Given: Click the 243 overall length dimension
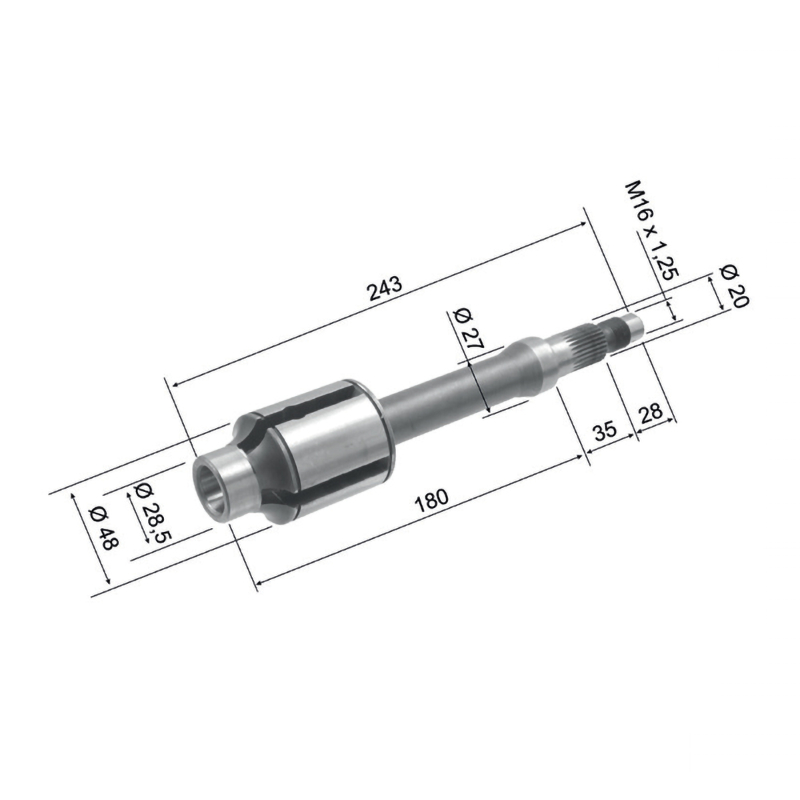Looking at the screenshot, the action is (385, 289).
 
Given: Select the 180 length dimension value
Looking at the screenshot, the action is (432, 501).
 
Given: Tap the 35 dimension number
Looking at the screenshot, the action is (606, 431).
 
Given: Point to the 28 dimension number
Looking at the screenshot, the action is (651, 413).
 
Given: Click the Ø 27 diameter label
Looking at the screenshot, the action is (467, 328).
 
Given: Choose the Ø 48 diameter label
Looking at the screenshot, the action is (104, 528).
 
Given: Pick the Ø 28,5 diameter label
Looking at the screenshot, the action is (152, 512).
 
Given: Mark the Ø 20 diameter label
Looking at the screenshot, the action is (733, 286).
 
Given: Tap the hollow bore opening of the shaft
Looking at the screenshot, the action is (210, 487).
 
